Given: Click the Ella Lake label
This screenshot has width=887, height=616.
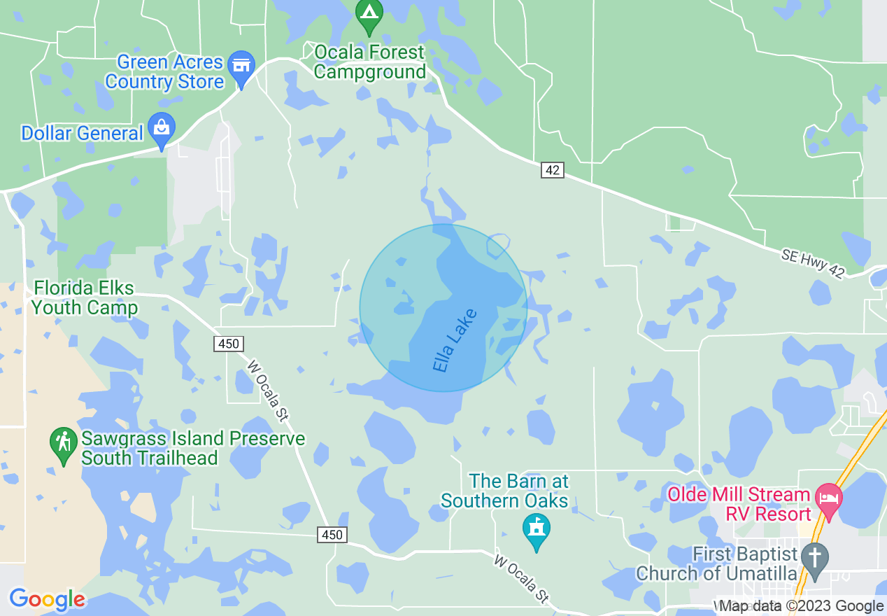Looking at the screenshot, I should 455,340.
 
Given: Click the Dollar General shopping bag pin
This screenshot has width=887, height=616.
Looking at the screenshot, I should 162,130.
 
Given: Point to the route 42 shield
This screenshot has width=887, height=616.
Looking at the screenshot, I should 552,170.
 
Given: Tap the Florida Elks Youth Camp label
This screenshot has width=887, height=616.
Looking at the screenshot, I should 84,297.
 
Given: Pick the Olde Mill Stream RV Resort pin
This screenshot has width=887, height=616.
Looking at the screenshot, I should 829,501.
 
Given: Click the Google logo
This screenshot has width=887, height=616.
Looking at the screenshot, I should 47,599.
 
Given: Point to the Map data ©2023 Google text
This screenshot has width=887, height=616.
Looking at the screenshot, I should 802,606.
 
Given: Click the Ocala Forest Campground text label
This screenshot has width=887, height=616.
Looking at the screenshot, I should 369,62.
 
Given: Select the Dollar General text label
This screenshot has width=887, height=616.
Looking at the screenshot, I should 82,133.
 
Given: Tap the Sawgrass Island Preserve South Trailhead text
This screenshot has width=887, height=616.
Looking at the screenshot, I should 193,449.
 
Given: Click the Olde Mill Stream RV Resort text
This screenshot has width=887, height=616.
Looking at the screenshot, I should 739,504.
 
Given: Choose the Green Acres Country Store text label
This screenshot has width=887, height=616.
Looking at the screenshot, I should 165,71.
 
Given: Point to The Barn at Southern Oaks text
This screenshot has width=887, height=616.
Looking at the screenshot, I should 504,491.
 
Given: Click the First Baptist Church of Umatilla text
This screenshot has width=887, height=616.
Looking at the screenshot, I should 717,563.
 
